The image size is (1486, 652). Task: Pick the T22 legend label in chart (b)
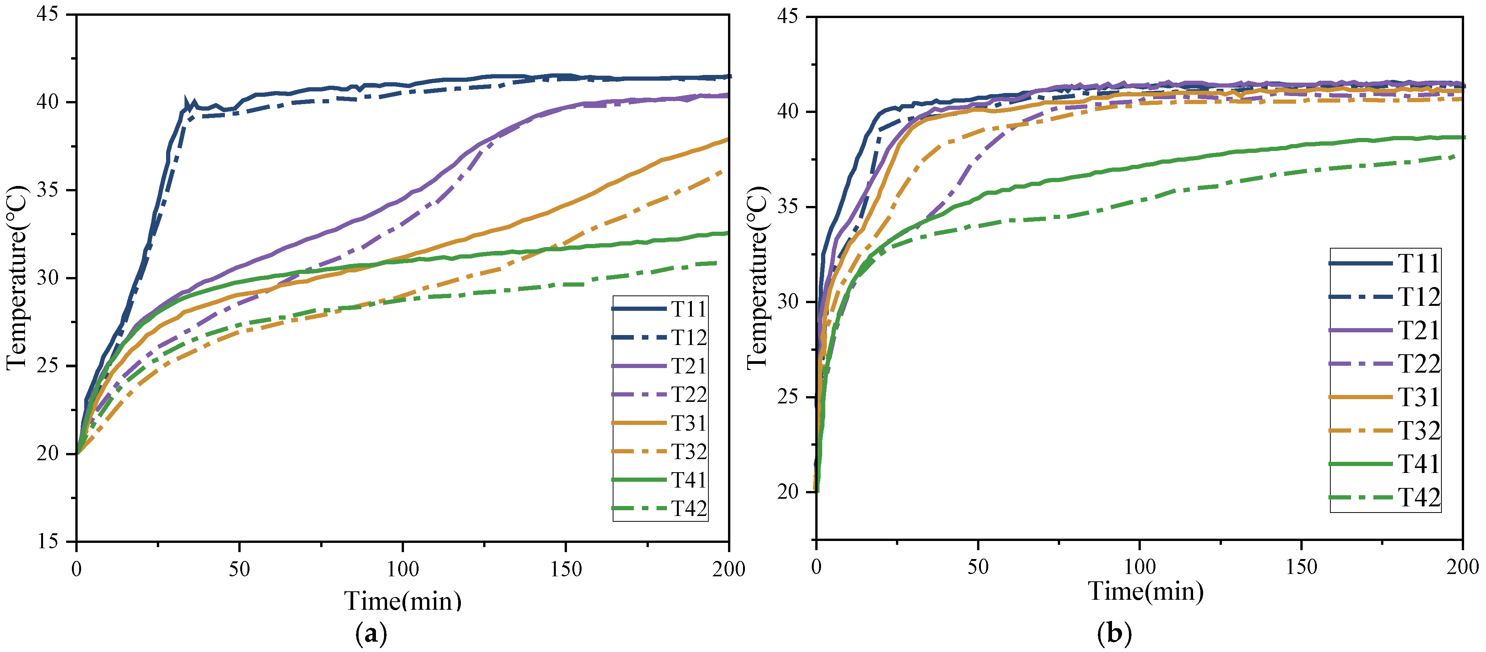(x=1420, y=364)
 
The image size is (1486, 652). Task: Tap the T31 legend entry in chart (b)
(x=1385, y=397)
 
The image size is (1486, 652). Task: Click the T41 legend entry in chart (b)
(x=1385, y=464)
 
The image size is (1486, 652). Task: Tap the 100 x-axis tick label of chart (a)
(x=402, y=569)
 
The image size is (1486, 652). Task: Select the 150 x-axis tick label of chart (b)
(x=1301, y=567)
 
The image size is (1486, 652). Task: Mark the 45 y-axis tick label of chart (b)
(x=788, y=16)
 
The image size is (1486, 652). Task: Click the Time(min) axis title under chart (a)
(x=403, y=601)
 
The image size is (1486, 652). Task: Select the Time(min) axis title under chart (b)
(x=1146, y=591)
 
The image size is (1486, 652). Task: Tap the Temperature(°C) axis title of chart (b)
(x=758, y=278)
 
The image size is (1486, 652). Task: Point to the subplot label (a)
(x=371, y=634)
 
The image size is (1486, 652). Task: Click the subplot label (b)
(x=1115, y=634)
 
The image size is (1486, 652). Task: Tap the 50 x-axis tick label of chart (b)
(x=978, y=567)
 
